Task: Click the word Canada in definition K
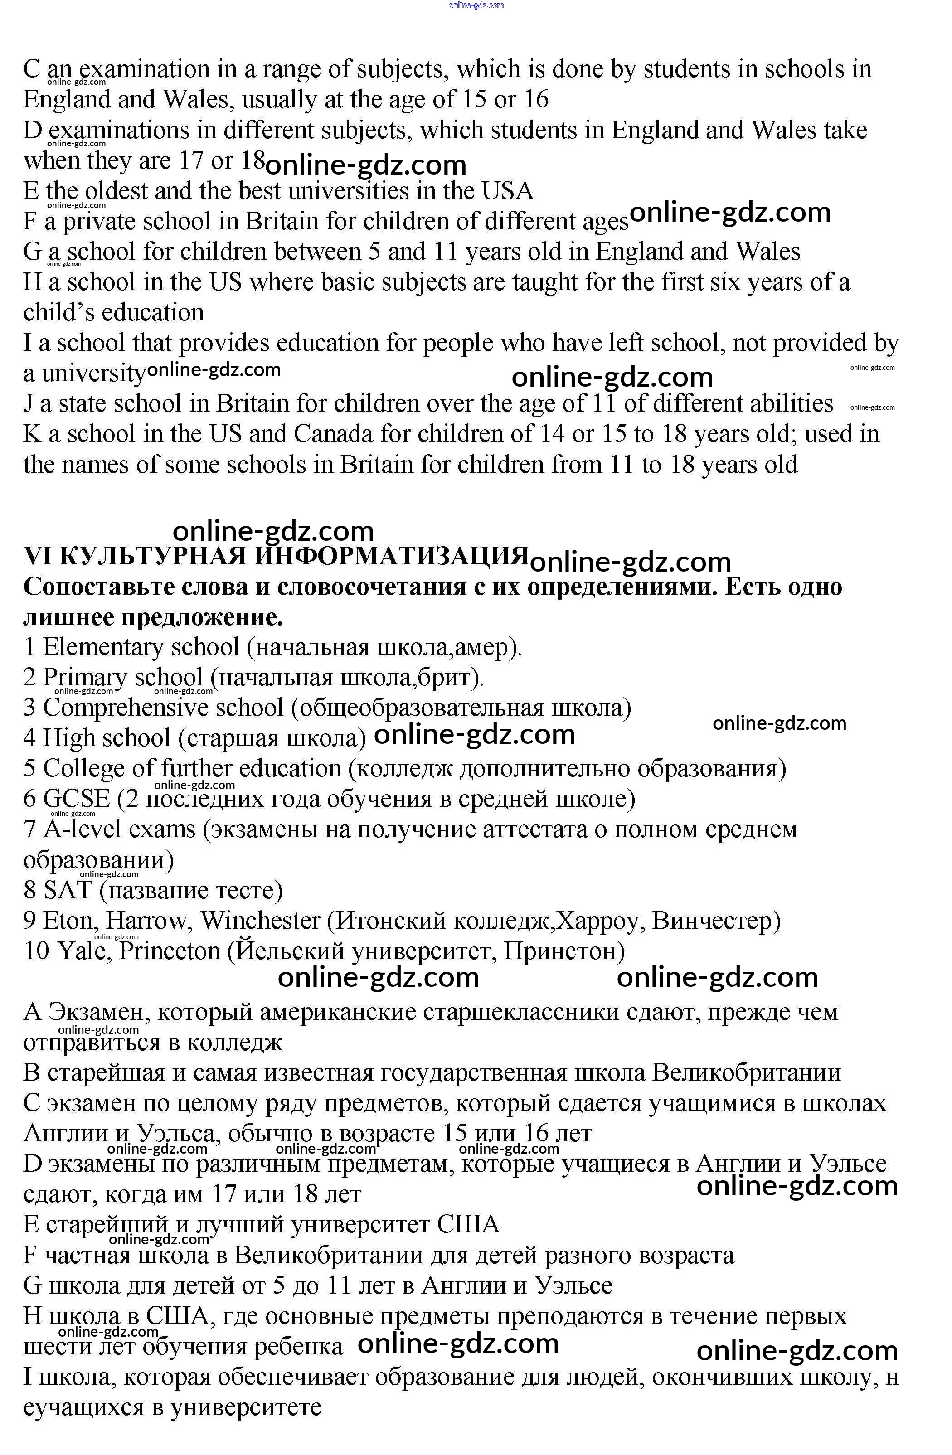[x=333, y=435]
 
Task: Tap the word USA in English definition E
[x=507, y=191]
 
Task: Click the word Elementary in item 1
[x=103, y=647]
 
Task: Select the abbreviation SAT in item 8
[x=67, y=890]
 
